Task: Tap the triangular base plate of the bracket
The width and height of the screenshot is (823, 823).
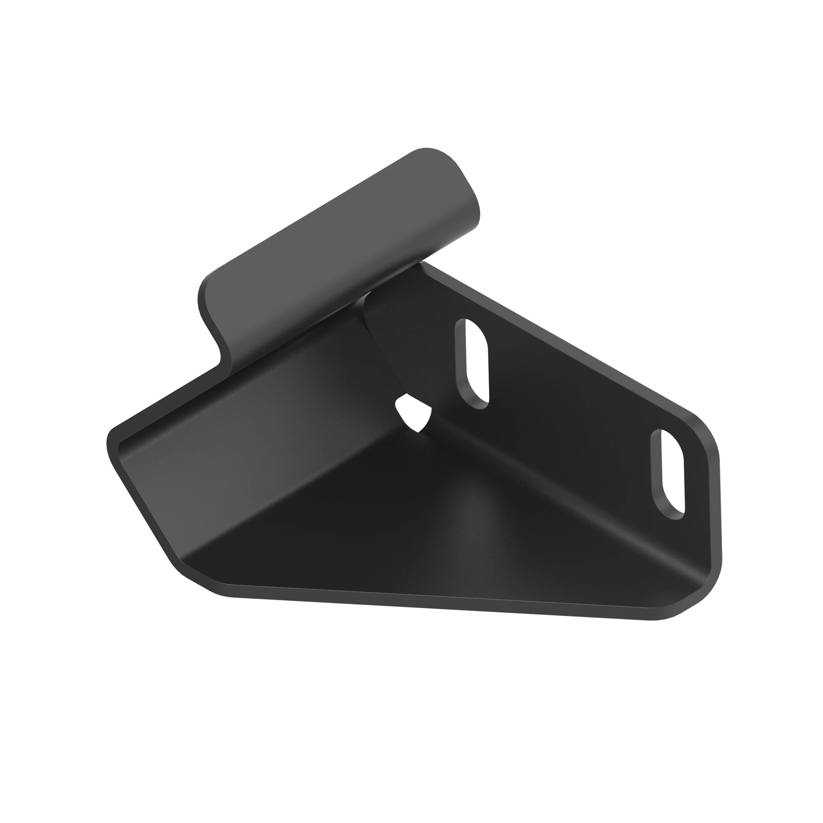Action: pos(426,537)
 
